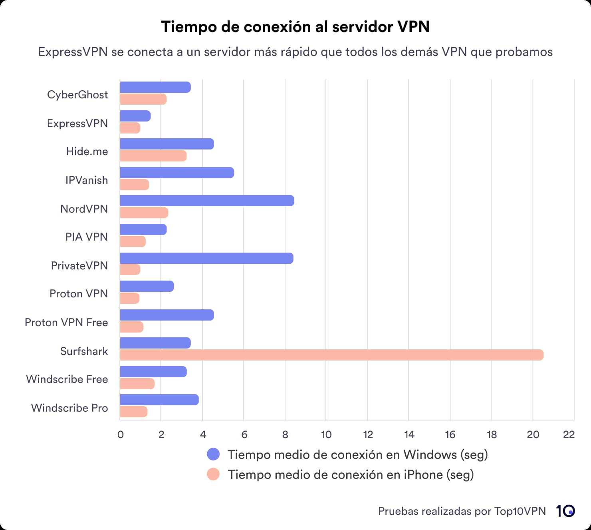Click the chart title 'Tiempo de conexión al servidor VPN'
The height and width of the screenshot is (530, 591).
(x=295, y=27)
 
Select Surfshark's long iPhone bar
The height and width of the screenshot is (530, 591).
(x=331, y=355)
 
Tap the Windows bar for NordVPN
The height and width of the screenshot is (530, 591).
(x=207, y=201)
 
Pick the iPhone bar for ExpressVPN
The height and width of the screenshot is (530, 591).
(x=130, y=128)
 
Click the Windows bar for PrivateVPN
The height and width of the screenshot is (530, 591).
(x=206, y=258)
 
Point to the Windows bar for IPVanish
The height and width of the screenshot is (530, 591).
(x=177, y=173)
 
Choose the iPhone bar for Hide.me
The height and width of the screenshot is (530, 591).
(x=153, y=156)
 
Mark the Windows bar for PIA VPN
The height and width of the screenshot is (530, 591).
(x=143, y=229)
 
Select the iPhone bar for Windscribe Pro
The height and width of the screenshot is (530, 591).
(x=133, y=412)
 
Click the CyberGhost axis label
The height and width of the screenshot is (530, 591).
(x=77, y=95)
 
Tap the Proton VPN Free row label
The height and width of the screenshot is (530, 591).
(x=66, y=323)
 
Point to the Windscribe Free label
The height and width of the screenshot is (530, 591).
(x=67, y=379)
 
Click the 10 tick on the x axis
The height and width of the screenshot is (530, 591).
(x=326, y=435)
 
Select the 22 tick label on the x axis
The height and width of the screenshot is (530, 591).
(x=569, y=435)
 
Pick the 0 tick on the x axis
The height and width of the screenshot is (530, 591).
(x=121, y=435)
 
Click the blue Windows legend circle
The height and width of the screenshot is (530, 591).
(x=213, y=454)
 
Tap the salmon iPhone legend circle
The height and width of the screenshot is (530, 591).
(x=213, y=474)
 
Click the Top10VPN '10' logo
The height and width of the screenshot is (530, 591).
(x=565, y=511)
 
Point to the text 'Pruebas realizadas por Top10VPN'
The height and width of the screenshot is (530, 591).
(x=462, y=511)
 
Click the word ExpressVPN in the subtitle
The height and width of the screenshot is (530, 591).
(x=73, y=52)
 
